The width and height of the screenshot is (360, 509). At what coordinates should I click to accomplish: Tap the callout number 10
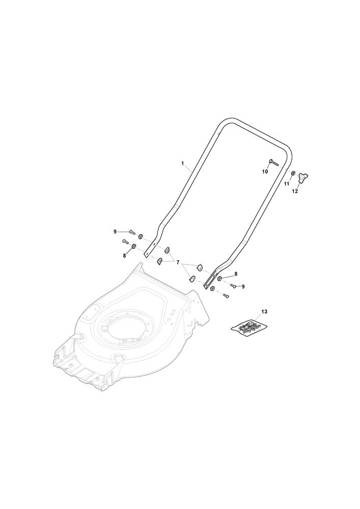[x=265, y=172]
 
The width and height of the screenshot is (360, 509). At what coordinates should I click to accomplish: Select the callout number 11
[x=287, y=184]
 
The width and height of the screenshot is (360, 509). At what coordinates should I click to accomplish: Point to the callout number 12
[x=295, y=191]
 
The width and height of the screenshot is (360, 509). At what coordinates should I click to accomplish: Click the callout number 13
[x=264, y=312]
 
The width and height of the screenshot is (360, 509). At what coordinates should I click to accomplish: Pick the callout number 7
[x=178, y=262]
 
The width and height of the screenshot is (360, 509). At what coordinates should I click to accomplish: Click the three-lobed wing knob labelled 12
[x=303, y=178]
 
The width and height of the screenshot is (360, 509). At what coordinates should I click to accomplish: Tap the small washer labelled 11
[x=293, y=174]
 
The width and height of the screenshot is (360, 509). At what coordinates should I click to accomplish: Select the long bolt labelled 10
[x=273, y=162]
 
